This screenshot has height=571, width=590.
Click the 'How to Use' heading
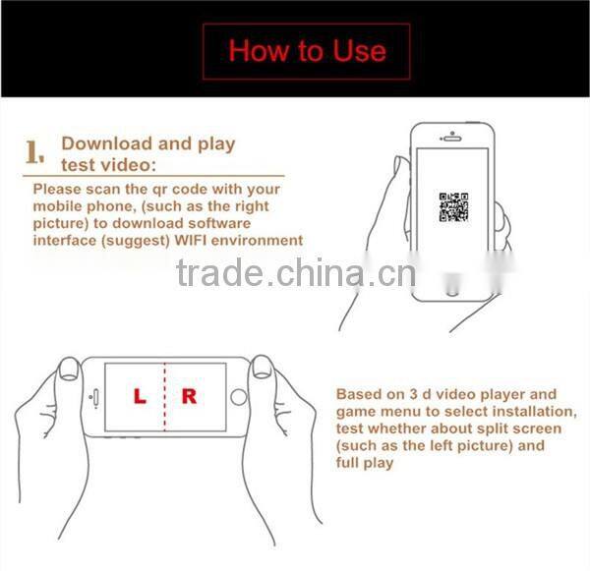click(x=307, y=50)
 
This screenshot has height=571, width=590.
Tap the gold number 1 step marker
click(x=36, y=151)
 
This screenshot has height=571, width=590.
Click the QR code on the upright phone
click(x=453, y=207)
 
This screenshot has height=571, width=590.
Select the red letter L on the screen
click(x=140, y=397)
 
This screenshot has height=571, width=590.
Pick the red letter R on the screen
click(x=190, y=397)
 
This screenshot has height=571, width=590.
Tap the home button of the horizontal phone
click(x=238, y=398)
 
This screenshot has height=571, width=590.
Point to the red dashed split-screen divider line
click(x=164, y=398)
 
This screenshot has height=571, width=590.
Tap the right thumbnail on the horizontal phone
click(x=262, y=368)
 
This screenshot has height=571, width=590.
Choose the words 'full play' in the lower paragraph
click(x=364, y=462)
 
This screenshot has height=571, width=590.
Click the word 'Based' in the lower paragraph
click(x=359, y=394)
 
